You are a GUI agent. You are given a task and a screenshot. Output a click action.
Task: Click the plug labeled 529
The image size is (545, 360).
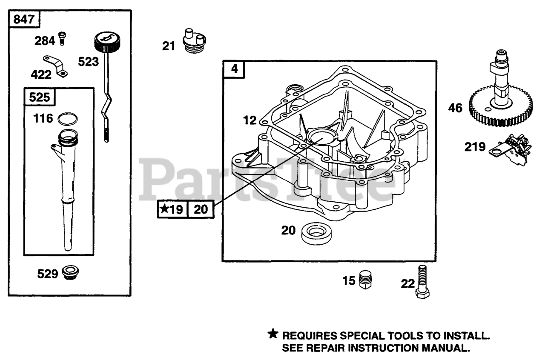coord(70,273)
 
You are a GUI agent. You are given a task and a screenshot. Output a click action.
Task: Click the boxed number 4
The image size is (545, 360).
coord(234,69)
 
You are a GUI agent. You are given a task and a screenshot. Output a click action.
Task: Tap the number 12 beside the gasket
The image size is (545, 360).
coord(250,120)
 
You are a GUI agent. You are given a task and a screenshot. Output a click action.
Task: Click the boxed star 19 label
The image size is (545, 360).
coord(173,209)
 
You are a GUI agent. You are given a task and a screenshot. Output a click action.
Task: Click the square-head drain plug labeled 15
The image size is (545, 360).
coord(365,279)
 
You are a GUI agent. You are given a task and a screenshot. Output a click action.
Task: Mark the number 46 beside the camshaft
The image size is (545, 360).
coord(455,108)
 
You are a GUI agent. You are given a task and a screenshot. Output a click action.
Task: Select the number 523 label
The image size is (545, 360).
coord(88,62)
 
